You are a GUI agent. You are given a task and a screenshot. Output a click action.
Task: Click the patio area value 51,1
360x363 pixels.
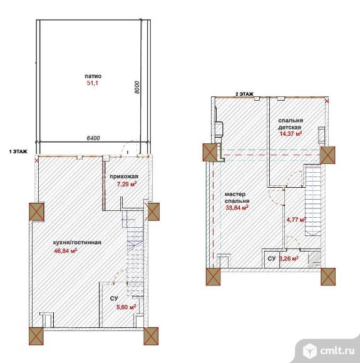[x=93, y=83]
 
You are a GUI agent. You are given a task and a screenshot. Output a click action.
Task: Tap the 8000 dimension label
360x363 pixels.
[x=137, y=87]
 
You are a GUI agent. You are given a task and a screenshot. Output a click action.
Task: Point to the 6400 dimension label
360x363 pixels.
[x=93, y=138]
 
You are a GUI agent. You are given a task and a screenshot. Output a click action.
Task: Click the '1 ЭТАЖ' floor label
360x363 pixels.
[x=18, y=151]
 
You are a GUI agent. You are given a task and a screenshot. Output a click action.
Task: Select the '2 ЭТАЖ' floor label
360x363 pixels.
[x=244, y=94]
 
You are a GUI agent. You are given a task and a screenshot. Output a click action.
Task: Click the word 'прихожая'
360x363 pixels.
[x=124, y=176]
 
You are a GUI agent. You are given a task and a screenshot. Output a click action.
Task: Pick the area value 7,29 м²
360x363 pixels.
[x=126, y=184]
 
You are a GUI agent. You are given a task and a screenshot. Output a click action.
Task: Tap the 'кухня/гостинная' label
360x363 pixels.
[x=78, y=242]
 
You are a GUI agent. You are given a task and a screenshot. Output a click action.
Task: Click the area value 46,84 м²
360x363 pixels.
[x=65, y=250]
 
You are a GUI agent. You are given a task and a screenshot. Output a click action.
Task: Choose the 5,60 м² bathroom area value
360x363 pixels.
[x=126, y=307]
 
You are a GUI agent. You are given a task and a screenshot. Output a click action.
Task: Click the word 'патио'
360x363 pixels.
[x=93, y=76]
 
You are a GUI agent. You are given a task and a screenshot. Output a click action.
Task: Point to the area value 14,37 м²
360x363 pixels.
[x=291, y=133]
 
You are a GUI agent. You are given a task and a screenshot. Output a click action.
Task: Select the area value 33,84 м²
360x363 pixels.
[x=237, y=207]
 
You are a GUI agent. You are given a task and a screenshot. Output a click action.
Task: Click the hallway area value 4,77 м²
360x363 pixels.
[x=297, y=220]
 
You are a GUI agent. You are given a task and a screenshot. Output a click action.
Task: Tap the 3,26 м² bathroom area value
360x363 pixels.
[x=289, y=258]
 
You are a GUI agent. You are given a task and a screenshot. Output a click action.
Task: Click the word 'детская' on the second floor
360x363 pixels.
[x=290, y=127]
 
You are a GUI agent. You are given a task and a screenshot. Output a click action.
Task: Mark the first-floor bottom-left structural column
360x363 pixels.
[x=36, y=336]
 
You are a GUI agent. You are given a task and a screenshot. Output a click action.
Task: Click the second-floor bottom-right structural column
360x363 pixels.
[x=328, y=277]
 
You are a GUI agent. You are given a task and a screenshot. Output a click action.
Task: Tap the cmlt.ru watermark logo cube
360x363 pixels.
[x=310, y=350]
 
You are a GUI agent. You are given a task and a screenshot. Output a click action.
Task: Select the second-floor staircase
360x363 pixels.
[x=312, y=200]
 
